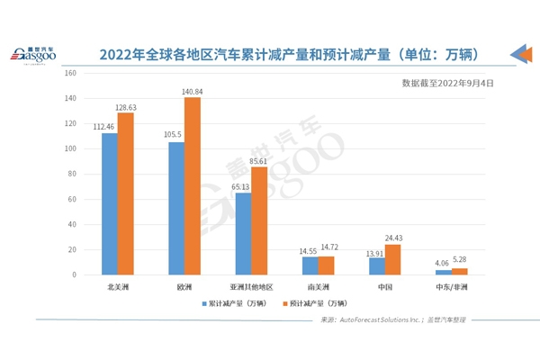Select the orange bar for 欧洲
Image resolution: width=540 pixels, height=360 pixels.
[193, 185]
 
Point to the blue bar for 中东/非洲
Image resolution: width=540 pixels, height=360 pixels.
[443, 272]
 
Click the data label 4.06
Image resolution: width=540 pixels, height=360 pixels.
[441, 264]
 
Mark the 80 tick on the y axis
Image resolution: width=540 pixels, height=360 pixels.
[76, 174]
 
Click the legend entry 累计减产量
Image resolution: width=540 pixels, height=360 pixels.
[236, 303]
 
